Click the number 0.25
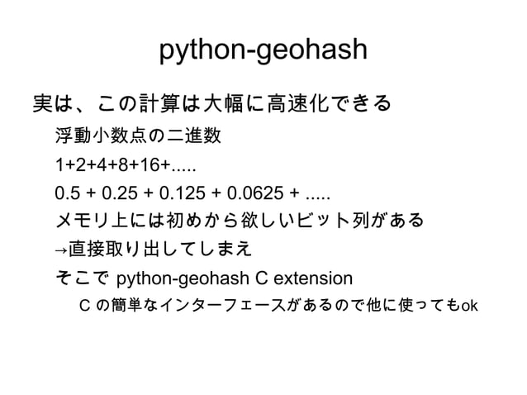[x=116, y=196]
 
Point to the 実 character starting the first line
[x=42, y=105]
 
